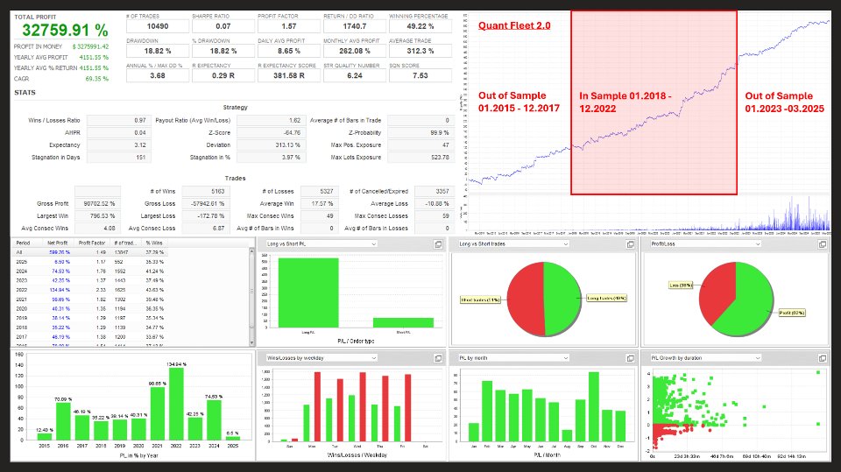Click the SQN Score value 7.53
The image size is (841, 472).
420,75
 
